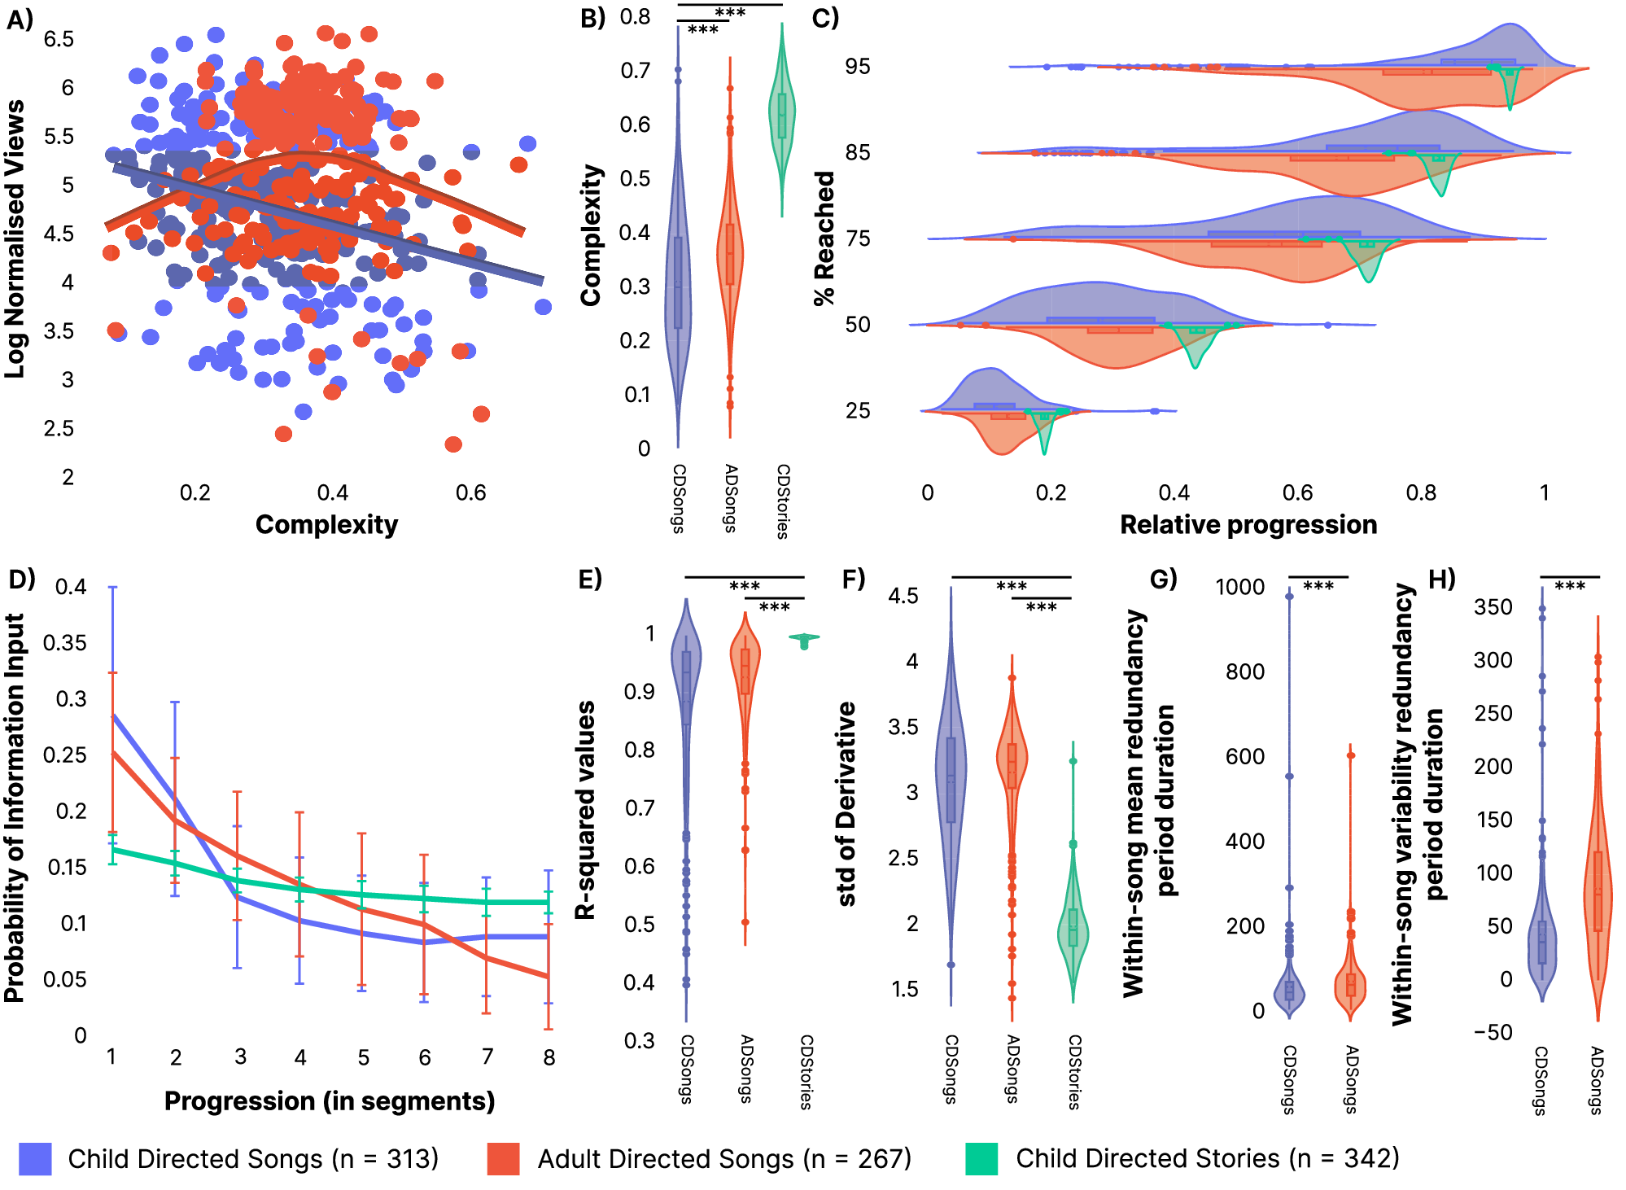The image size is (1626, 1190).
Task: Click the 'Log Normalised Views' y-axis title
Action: (15, 239)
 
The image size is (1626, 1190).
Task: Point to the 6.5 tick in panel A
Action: (59, 39)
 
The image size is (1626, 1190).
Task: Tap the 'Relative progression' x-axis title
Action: (1248, 525)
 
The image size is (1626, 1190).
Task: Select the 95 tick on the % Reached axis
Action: (858, 67)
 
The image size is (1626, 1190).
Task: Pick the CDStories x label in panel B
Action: (782, 501)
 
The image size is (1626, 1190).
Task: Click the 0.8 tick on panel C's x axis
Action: (1421, 493)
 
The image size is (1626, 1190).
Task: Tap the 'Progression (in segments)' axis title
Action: (330, 1101)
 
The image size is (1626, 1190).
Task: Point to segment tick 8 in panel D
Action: (549, 1057)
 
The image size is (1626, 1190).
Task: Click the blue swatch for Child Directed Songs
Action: (35, 1158)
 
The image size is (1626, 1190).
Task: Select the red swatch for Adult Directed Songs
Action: (504, 1158)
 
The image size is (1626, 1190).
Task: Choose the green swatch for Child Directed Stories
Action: (981, 1158)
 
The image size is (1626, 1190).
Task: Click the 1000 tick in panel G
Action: (1239, 587)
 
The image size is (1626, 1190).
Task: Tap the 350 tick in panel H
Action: (1493, 607)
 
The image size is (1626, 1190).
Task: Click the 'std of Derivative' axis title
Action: (846, 804)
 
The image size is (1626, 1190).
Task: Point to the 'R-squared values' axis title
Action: (585, 810)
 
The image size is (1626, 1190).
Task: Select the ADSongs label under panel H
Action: (1597, 1080)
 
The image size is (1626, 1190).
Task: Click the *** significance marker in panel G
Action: (1318, 586)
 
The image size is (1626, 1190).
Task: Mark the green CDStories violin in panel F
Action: (1073, 928)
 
